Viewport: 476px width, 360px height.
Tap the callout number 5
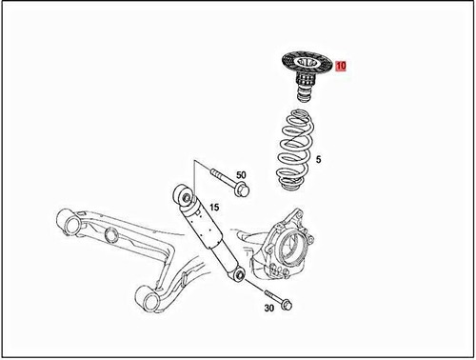(318, 160)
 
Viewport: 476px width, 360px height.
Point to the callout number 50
(241, 176)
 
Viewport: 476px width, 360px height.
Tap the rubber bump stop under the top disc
(302, 95)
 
